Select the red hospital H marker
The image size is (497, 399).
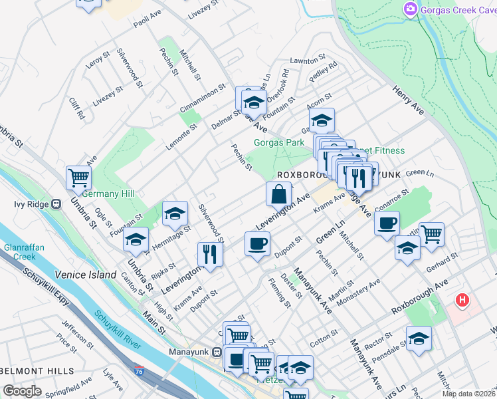461,301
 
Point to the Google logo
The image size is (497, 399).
22,390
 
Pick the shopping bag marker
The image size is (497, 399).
279,195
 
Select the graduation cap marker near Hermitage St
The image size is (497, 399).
175,213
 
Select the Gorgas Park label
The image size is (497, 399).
279,142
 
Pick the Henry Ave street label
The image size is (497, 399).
408,99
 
